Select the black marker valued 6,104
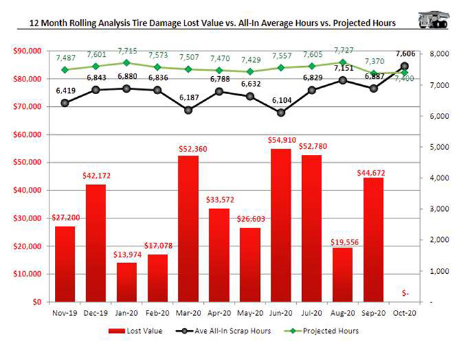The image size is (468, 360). tap(281, 112)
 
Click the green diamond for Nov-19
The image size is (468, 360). tap(65, 69)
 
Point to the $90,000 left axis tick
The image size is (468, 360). tap(27, 51)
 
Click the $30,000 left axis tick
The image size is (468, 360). tap(27, 218)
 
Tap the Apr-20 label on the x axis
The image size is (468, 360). tap(219, 311)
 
